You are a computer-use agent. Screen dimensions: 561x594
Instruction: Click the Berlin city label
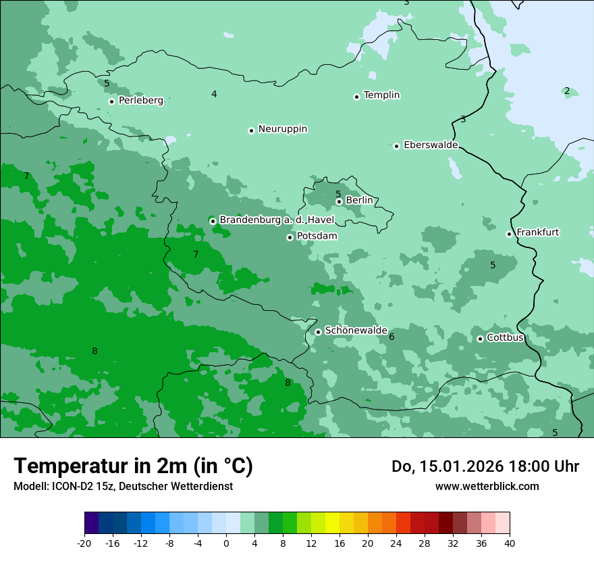pos(359,201)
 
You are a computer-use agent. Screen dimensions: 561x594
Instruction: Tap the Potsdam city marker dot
pos(290,237)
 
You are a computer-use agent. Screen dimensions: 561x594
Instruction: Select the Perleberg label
pos(141,101)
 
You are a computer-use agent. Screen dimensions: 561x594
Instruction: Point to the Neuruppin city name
pos(283,129)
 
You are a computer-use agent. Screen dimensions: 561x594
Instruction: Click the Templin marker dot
pos(356,97)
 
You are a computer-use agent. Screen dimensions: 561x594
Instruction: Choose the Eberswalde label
pos(431,145)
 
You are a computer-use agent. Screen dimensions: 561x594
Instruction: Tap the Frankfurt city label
pos(538,233)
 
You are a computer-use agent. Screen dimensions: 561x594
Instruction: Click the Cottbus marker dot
pos(480,339)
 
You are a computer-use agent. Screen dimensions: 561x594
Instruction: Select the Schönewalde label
pos(356,331)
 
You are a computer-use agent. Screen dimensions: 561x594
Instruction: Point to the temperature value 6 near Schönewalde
pos(391,337)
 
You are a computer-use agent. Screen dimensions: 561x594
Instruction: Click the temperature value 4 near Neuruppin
pos(214,95)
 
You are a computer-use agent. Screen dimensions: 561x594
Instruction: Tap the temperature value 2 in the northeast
pos(567,91)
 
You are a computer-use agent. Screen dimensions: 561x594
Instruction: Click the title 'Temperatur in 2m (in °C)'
pos(133,466)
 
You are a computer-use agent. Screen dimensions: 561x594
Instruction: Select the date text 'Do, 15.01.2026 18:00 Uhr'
pos(485,466)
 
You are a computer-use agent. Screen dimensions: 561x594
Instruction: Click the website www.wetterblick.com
pos(487,486)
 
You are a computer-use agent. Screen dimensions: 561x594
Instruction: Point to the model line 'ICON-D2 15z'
pos(123,486)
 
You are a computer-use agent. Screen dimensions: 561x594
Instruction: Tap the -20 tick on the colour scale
pos(84,543)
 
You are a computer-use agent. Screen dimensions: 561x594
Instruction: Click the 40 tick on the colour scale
pos(510,543)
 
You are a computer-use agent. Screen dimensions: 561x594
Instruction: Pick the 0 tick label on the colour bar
pos(226,543)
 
